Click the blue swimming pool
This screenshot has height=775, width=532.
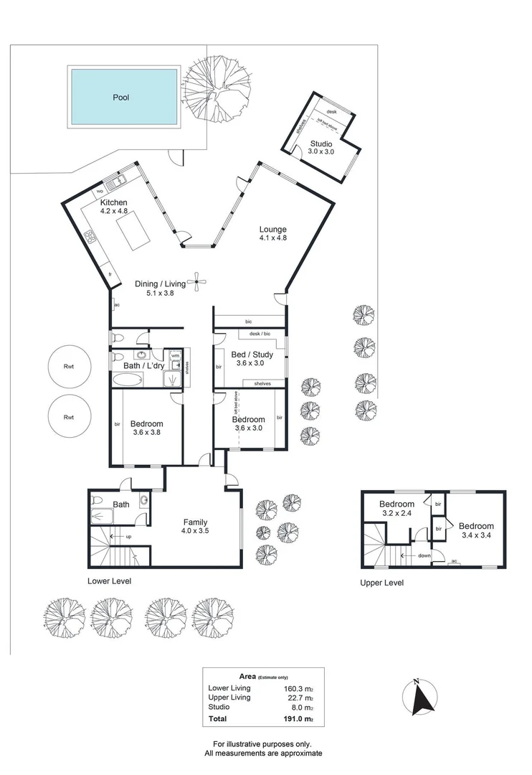(x=123, y=97)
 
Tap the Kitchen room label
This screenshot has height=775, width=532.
(x=113, y=203)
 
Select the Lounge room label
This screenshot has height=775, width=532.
(x=273, y=230)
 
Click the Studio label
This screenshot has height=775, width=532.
(x=321, y=144)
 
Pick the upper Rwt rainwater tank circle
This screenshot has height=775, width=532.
(x=70, y=367)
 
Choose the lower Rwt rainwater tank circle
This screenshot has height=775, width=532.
(x=70, y=416)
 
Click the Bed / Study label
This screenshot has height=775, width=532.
(x=248, y=354)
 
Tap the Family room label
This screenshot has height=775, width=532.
(x=195, y=522)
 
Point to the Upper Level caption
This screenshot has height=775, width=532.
(x=381, y=583)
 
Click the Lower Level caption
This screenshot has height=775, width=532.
(x=109, y=581)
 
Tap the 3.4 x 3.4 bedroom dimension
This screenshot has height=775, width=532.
(x=478, y=535)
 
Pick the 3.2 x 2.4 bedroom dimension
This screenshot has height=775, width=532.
(x=396, y=514)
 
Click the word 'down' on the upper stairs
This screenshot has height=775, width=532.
(x=424, y=555)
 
